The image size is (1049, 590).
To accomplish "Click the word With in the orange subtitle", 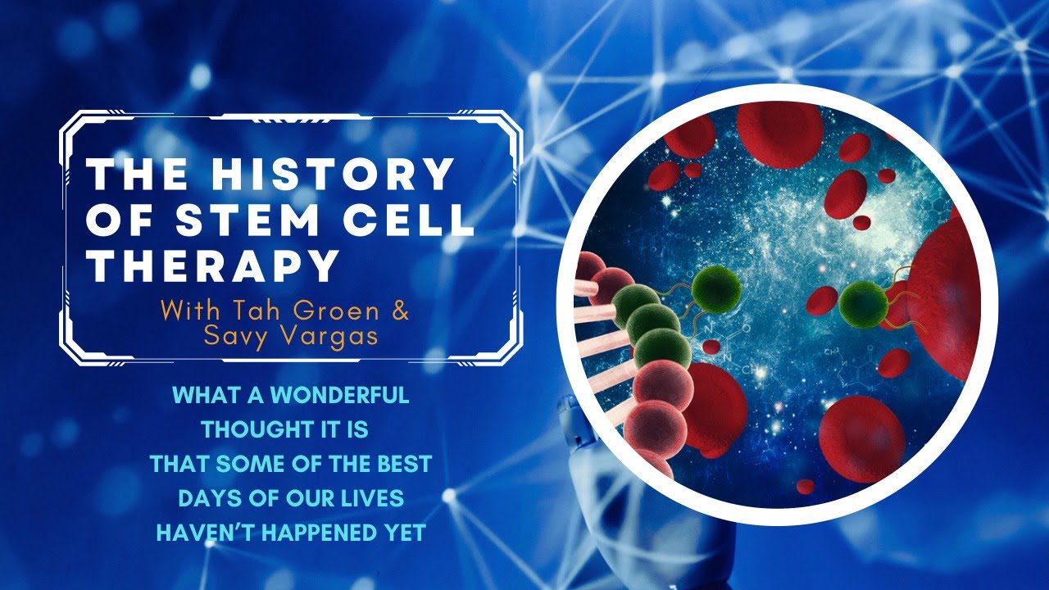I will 188,311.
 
